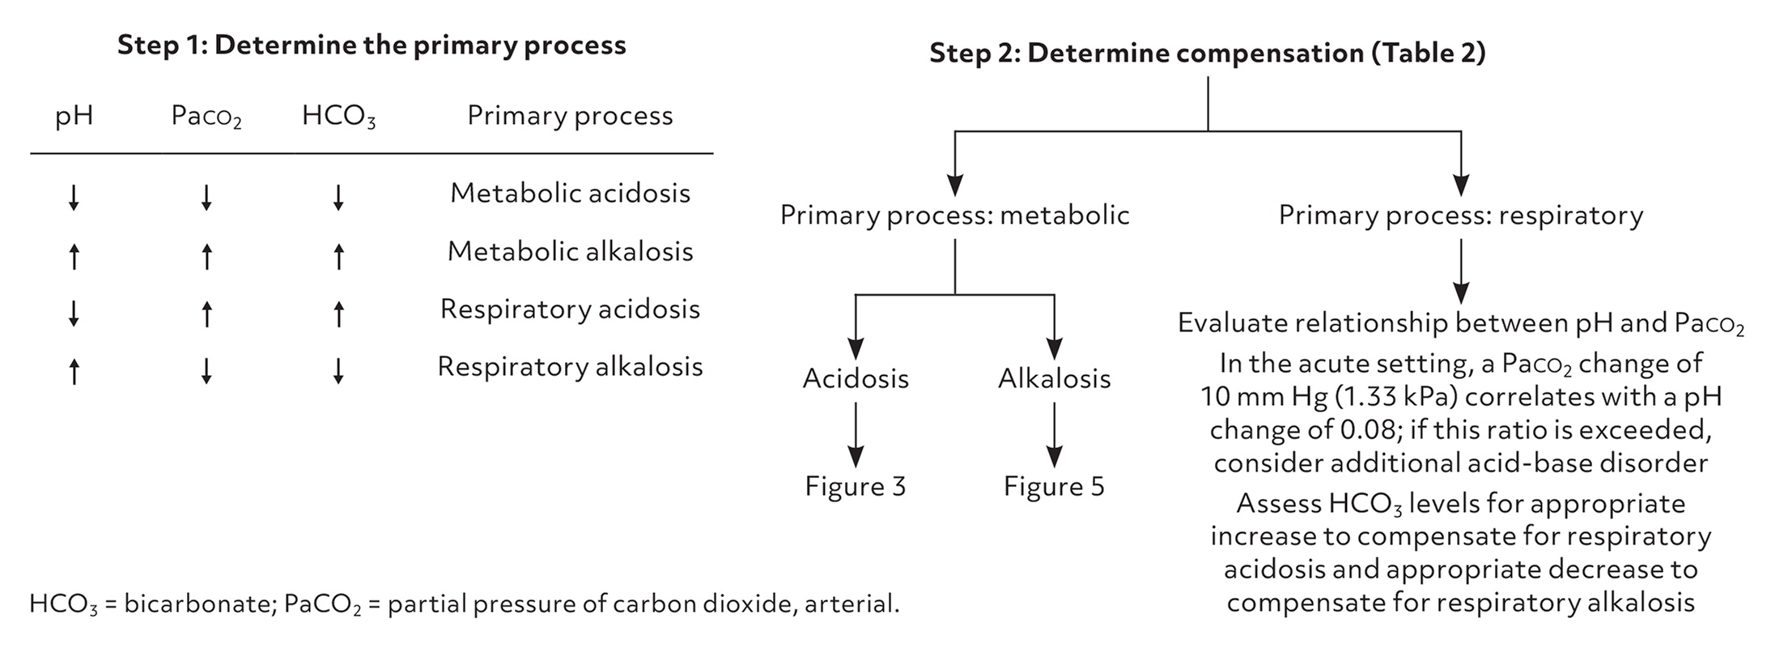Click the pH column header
pos(74,116)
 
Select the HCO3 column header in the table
pos(338,117)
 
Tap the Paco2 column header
pos(206,117)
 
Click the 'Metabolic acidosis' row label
pos(570,194)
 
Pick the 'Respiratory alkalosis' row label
pos(570,367)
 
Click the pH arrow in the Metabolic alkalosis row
pos(74,257)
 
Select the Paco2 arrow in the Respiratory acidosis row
pos(206,314)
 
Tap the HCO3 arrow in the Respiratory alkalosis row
pos(338,370)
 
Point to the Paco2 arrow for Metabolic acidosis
pos(206,198)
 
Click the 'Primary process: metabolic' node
pos(954,215)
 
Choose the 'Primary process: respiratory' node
pos(1460,215)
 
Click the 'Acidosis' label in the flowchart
pos(856,379)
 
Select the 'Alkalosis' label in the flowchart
pos(1054,379)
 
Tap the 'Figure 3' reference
pos(856,486)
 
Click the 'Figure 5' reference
pos(1054,486)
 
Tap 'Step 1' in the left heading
pos(160,45)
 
